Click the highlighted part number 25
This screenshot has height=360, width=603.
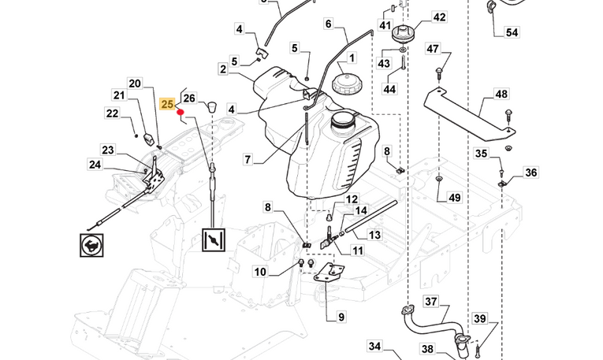pos(167,104)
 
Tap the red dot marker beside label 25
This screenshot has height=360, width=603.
pos(181,113)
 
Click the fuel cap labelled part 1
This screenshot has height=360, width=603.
pos(347,80)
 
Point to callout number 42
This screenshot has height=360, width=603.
pos(439,17)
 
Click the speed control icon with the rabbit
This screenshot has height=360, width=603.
pos(91,245)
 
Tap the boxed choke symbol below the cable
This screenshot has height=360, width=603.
pos(213,239)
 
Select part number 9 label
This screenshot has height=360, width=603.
pos(341,317)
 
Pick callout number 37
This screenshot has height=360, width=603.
pos(430,302)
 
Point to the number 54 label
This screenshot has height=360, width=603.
pos(512,32)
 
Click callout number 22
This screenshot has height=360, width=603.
pos(112,113)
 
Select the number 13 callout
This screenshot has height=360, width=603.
pos(374,235)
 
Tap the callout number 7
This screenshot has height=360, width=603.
pos(248,160)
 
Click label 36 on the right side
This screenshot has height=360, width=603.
pos(530,173)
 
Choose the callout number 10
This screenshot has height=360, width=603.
pos(260,273)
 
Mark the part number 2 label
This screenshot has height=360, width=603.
pos(223,69)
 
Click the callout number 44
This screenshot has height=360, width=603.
pos(389,89)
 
